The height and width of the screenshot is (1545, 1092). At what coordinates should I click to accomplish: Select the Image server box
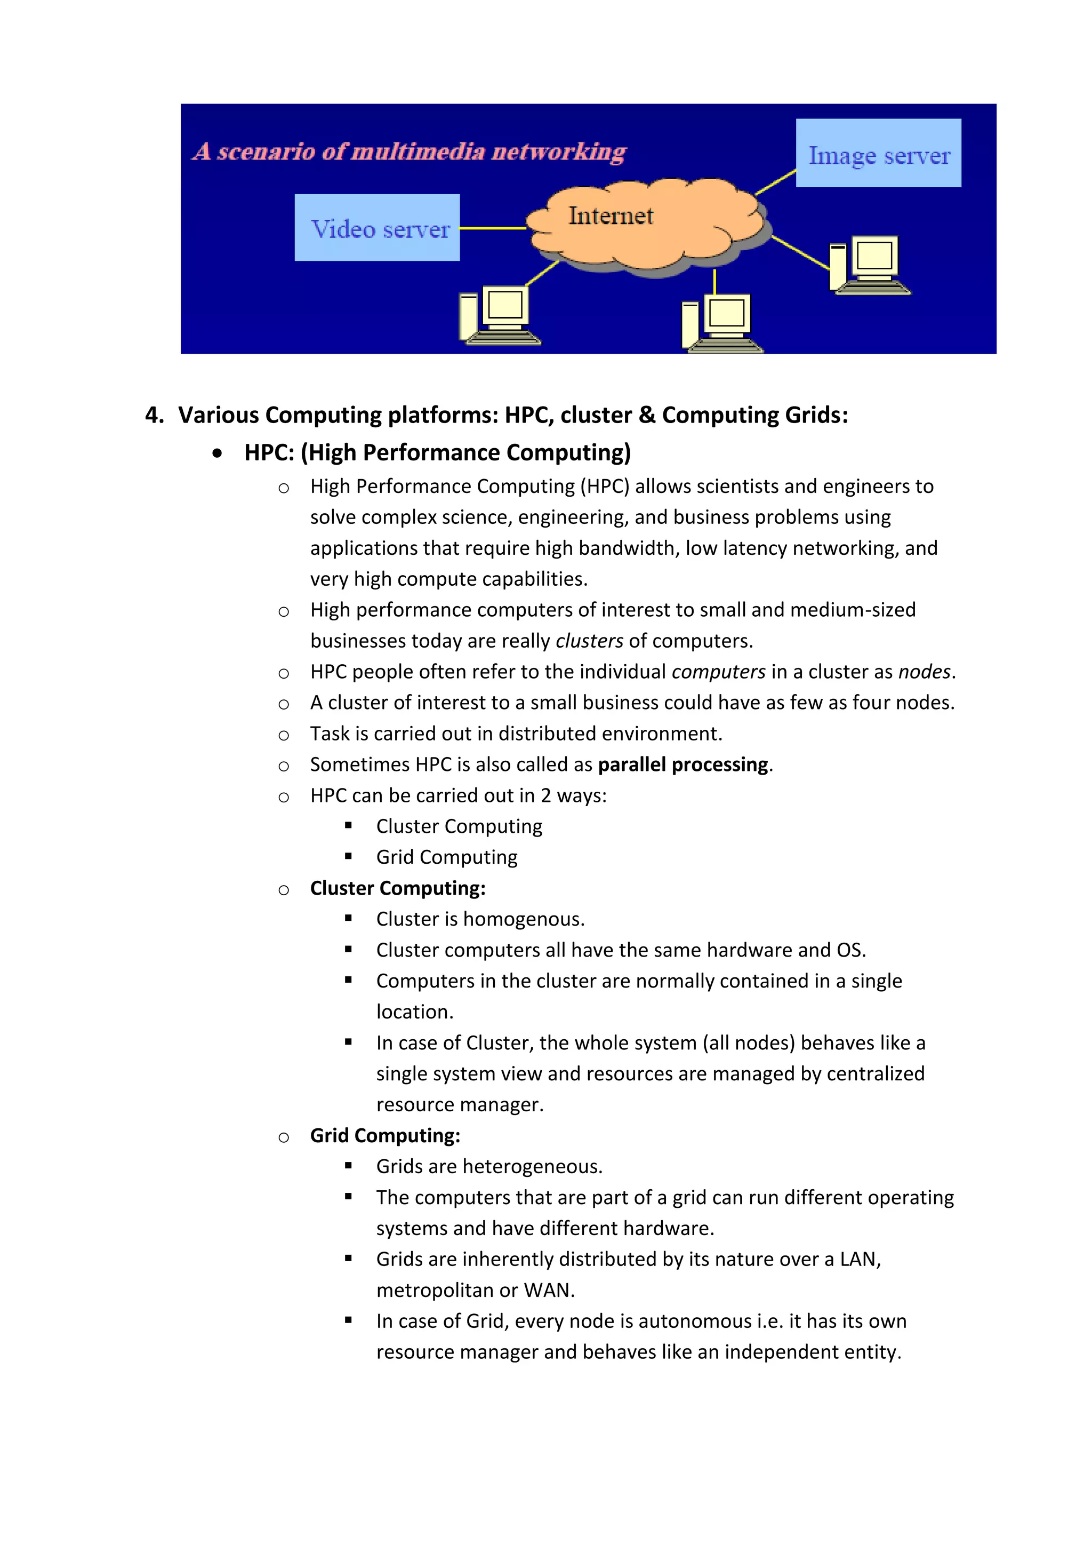click(x=878, y=154)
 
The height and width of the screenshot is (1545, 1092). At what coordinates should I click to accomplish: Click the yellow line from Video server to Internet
click(x=493, y=228)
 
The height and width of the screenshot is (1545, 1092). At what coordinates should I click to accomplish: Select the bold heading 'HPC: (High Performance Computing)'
click(x=437, y=453)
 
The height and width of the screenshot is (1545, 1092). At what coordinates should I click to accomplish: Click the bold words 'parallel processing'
click(x=683, y=764)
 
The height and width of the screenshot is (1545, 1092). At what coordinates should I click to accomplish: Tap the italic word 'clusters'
click(x=589, y=641)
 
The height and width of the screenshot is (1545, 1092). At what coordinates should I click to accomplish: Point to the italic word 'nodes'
click(x=924, y=672)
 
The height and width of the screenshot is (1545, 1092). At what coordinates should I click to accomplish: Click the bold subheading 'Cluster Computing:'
click(x=397, y=888)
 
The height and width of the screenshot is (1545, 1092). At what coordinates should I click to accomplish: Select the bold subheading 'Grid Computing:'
click(x=384, y=1136)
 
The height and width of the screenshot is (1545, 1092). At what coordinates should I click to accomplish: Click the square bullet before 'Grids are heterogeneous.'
click(x=348, y=1166)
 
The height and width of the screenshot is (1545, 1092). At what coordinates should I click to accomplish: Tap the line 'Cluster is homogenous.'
click(x=480, y=919)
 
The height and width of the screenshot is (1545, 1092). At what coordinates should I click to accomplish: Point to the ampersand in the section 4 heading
click(x=647, y=415)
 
